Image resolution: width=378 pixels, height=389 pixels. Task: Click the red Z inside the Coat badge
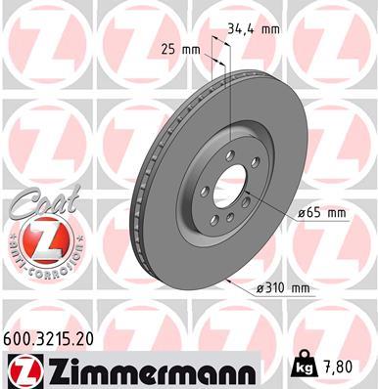tap(41, 240)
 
